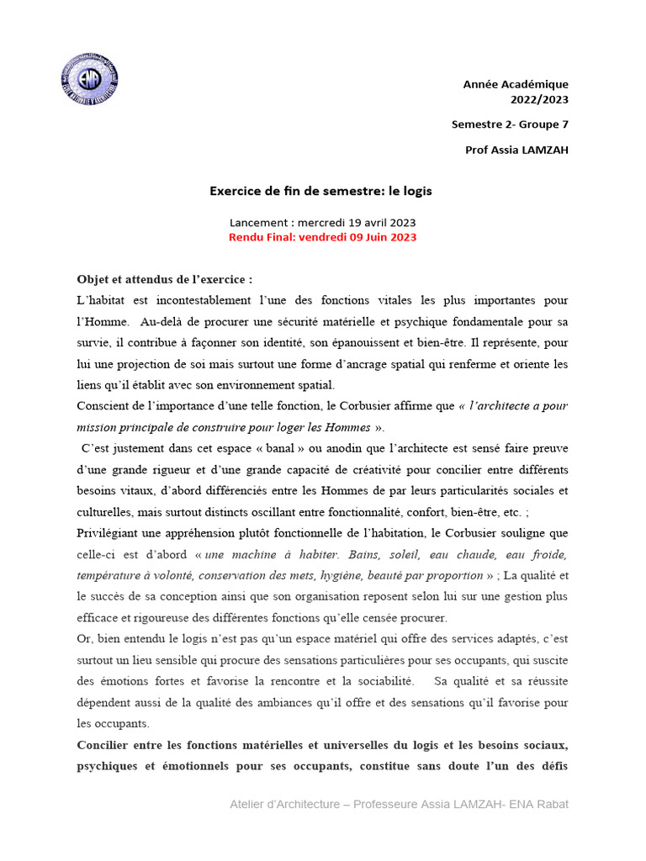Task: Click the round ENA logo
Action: [x=89, y=82]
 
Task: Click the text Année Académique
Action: [x=516, y=84]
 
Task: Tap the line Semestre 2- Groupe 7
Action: [x=510, y=124]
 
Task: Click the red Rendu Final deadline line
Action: [x=322, y=237]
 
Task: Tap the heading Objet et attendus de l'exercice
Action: [x=164, y=279]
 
